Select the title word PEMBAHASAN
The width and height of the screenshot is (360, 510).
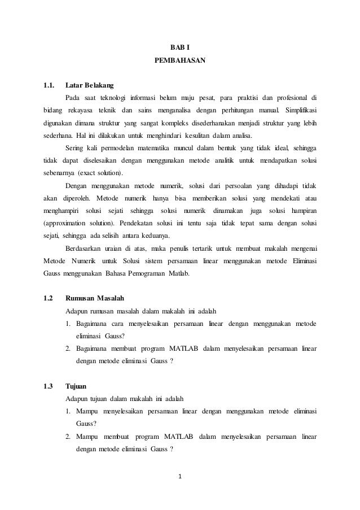click(x=180, y=59)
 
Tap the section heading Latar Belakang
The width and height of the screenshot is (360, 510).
click(x=89, y=86)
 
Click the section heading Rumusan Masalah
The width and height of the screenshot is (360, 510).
click(x=95, y=298)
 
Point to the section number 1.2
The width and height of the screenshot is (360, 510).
click(x=49, y=298)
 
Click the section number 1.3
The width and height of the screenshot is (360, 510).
click(x=49, y=386)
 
